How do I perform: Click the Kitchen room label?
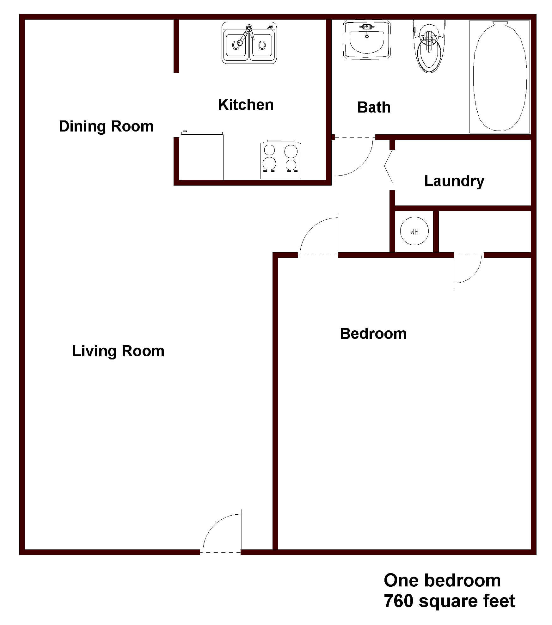[x=246, y=105]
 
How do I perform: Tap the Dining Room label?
[x=106, y=126]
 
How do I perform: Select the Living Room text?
[x=118, y=351]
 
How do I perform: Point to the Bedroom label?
[x=373, y=334]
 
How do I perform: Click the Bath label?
[x=374, y=107]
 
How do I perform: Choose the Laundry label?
[x=454, y=181]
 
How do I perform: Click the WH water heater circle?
[x=414, y=231]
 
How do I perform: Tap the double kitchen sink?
[x=249, y=43]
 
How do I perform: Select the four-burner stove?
[x=281, y=160]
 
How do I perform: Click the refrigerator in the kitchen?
[x=202, y=156]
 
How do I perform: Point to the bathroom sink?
[x=367, y=40]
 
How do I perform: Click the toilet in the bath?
[x=429, y=46]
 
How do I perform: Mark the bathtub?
[x=500, y=77]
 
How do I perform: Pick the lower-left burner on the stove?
[x=269, y=163]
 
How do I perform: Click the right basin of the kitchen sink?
[x=262, y=45]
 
